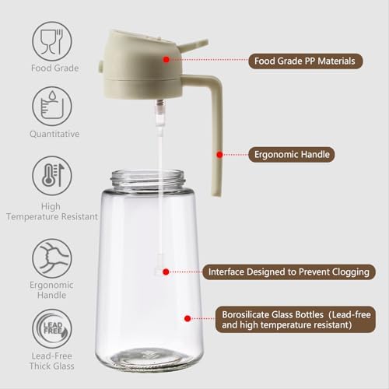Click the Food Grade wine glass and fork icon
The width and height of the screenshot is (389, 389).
click(52, 40)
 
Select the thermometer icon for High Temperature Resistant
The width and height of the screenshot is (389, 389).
click(52, 176)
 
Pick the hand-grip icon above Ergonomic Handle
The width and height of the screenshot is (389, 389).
click(52, 258)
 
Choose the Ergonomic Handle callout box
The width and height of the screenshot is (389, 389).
click(295, 155)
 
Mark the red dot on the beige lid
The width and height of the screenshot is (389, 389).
click(166, 59)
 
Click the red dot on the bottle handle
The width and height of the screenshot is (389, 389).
click(219, 155)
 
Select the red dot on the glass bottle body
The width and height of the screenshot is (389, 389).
click(187, 318)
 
